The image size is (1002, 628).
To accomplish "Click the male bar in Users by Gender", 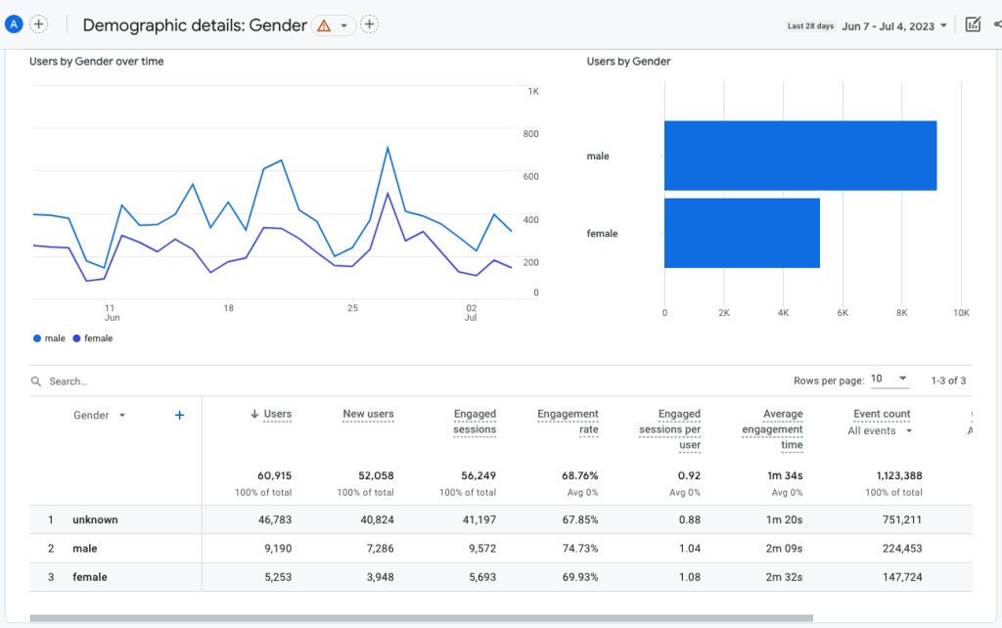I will (799, 156).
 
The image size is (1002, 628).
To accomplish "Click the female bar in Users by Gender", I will (742, 233).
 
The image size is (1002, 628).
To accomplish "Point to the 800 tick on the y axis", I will (530, 134).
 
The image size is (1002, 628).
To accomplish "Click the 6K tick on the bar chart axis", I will (843, 313).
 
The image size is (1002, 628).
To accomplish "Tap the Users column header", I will (277, 414).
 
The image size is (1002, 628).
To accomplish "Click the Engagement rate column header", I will (568, 422).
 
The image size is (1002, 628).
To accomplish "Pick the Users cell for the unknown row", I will (271, 519).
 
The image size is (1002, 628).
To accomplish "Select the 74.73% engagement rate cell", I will (577, 549).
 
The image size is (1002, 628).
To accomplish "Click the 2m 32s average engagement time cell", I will (783, 577).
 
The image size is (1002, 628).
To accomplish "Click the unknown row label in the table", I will (95, 519).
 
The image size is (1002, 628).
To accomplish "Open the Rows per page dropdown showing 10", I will (889, 380).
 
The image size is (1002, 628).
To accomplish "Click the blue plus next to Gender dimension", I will (179, 415).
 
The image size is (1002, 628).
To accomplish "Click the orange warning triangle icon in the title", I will (324, 25).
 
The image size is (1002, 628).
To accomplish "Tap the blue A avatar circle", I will (14, 24).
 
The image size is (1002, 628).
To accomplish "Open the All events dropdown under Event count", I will (880, 430).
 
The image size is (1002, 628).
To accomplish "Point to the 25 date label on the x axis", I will (352, 308).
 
